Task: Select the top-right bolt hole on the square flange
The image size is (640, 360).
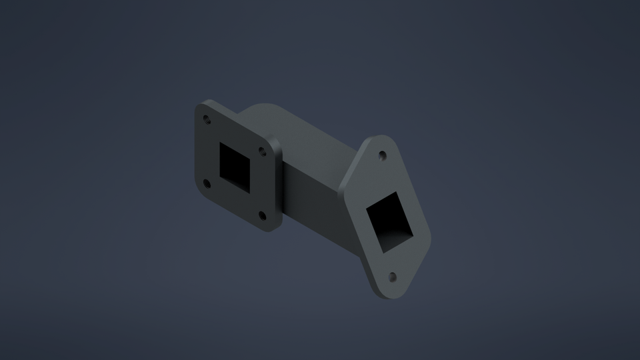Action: click(x=262, y=151)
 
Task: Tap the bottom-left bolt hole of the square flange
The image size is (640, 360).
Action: click(x=206, y=182)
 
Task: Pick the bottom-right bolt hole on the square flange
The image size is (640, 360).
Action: click(x=261, y=215)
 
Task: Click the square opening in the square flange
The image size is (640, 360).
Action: click(x=235, y=167)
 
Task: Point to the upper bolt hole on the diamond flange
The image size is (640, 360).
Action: click(x=382, y=157)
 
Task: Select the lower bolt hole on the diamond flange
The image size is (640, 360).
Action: click(x=392, y=276)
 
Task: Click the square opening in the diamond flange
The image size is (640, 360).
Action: click(x=389, y=220)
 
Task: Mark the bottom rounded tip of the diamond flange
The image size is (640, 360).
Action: click(x=393, y=294)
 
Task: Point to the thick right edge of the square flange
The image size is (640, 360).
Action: click(x=278, y=187)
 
